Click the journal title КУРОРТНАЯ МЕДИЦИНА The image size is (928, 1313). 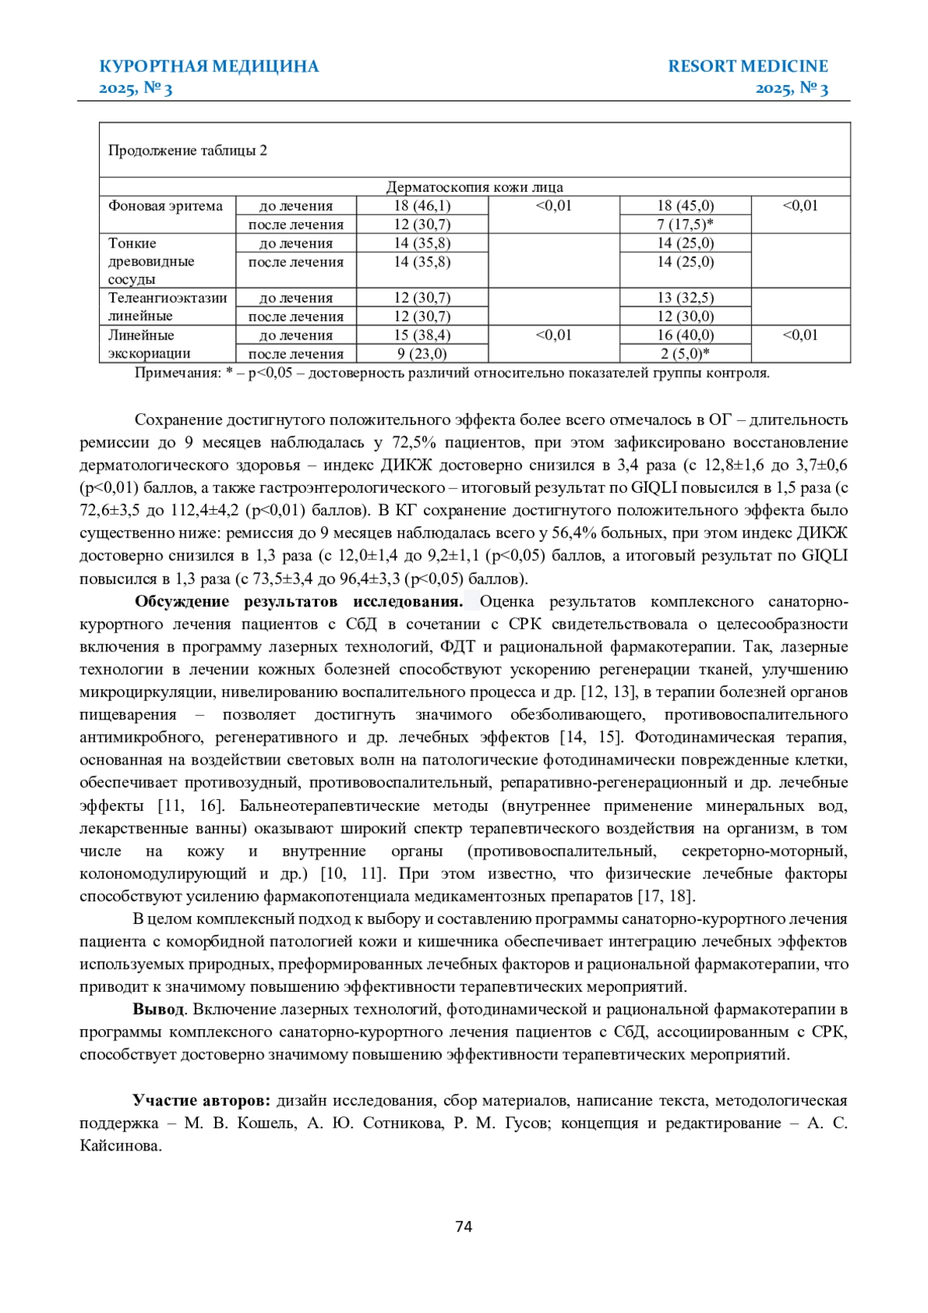209,67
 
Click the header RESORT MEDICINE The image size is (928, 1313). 747,67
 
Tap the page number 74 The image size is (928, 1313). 464,1226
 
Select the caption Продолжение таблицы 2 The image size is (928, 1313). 188,151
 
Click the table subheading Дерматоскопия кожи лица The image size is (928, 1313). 474,187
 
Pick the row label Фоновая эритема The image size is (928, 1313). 165,206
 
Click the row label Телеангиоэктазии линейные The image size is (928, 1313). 167,306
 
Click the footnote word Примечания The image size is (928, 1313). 177,373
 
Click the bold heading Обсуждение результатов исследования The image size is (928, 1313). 299,601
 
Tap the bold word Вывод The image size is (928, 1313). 159,1009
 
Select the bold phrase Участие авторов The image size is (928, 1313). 201,1100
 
